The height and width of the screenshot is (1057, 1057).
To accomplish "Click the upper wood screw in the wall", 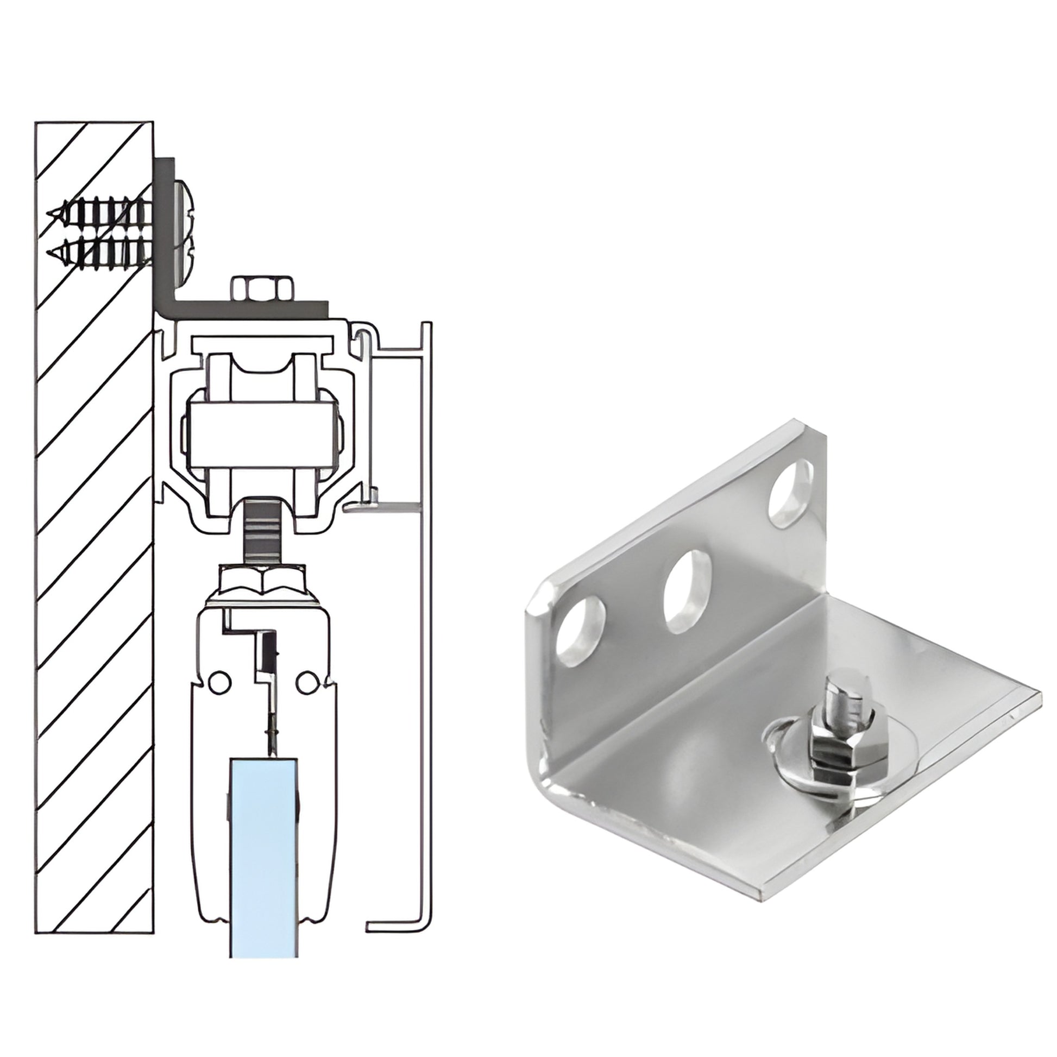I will click(101, 212).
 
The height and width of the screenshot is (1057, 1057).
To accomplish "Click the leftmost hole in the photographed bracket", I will click(580, 631).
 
